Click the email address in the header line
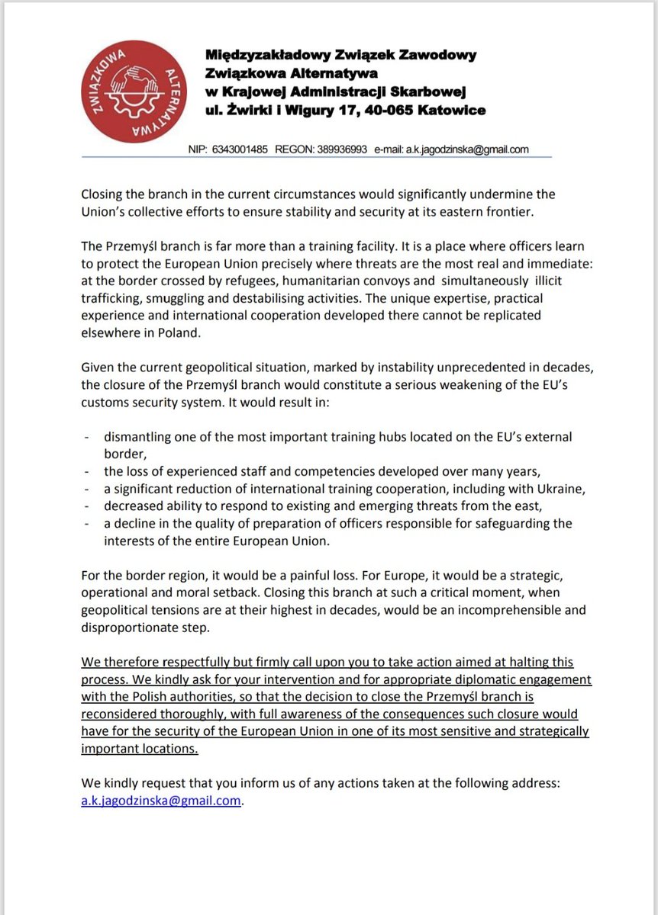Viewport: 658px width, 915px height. click(466, 149)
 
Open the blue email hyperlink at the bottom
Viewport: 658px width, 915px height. click(160, 801)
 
